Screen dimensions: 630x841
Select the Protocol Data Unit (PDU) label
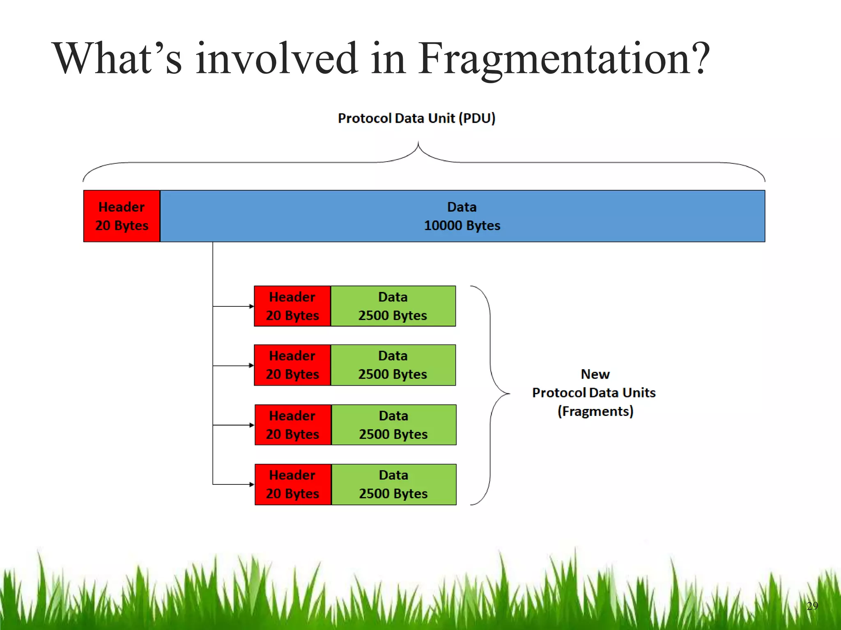click(416, 118)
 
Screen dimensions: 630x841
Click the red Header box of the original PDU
click(122, 216)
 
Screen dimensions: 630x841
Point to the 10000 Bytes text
click(462, 226)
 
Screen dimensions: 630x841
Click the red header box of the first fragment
click(292, 306)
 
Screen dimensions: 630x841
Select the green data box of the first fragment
click(393, 306)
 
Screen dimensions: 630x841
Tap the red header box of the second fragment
click(292, 365)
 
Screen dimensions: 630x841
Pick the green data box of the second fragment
click(393, 365)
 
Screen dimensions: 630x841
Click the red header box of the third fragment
click(293, 425)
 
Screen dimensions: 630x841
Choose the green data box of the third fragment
click(393, 425)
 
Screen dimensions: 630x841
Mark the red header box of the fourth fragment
click(293, 484)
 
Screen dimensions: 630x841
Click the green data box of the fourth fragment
click(393, 484)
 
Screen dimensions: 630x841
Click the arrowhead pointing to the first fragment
click(251, 306)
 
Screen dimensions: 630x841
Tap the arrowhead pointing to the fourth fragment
click(252, 484)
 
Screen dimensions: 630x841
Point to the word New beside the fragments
click(595, 374)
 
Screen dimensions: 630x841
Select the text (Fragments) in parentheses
click(595, 411)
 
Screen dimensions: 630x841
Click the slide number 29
click(812, 606)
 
